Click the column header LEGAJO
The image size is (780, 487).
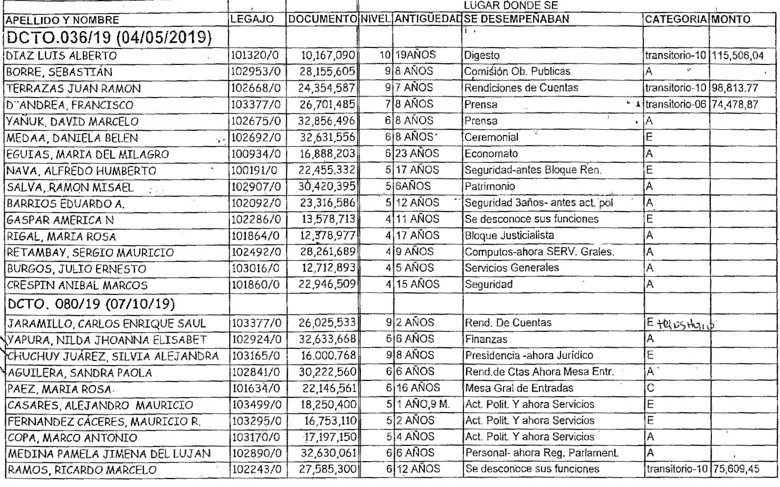pos(252,20)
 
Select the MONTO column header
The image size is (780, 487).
pos(731,20)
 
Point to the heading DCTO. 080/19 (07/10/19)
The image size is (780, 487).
pos(91,304)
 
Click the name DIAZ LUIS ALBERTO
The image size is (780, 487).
pos(62,55)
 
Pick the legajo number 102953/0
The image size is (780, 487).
pos(256,71)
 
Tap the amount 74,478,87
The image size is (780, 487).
pos(735,104)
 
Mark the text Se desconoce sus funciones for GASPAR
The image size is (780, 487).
pos(531,219)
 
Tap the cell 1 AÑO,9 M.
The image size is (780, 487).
pos(422,405)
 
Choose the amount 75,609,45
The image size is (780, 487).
pos(735,469)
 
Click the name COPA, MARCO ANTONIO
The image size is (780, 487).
pos(72,438)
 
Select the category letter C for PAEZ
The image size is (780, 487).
pos(650,388)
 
